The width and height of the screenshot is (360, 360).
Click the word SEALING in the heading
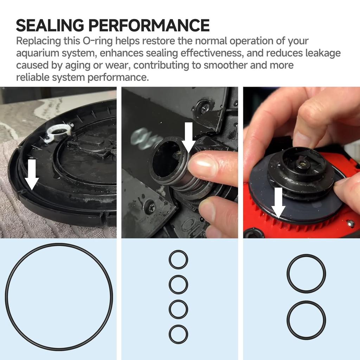(50, 25)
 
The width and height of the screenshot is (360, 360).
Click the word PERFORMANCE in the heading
(149, 25)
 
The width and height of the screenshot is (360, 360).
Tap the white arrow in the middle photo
(189, 138)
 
